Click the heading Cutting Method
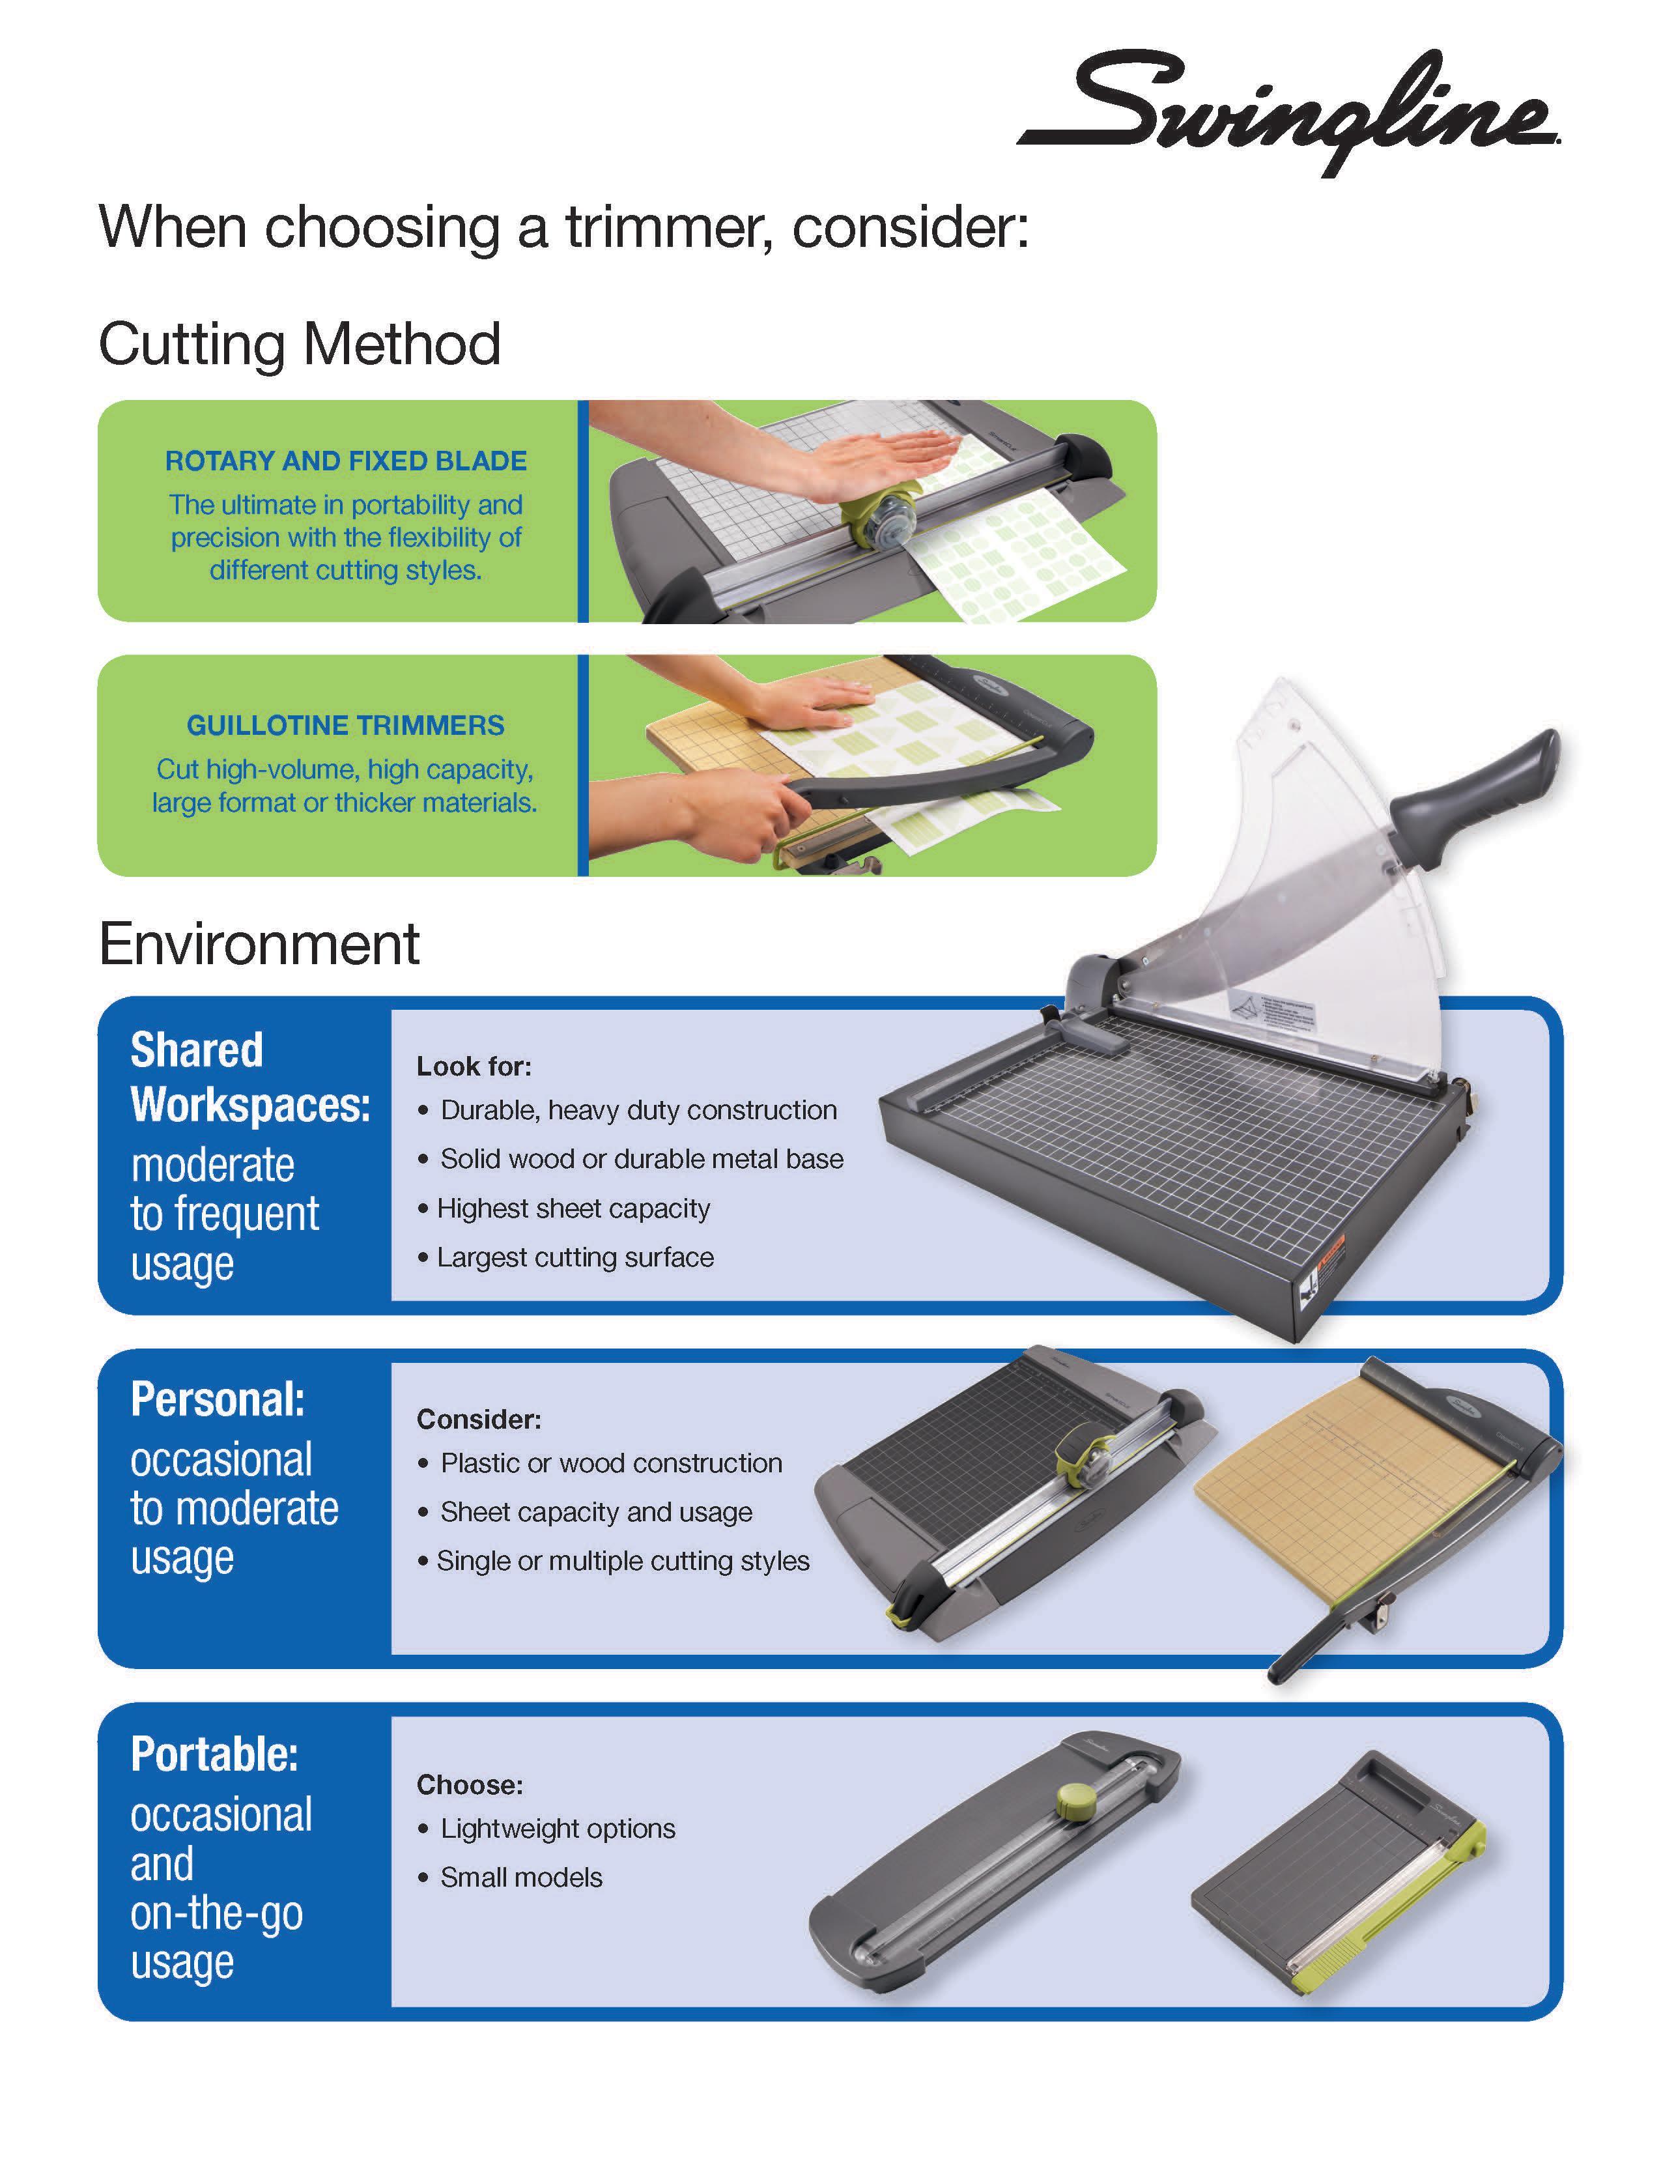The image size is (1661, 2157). pos(299,344)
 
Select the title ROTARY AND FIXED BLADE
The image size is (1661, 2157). pos(346,461)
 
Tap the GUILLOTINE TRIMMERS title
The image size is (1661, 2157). pos(346,726)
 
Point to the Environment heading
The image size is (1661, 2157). pos(259,944)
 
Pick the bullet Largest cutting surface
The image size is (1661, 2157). pos(575,1258)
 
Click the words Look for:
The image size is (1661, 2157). pos(474,1066)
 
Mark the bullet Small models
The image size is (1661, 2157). pos(520,1878)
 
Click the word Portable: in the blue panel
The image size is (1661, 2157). pos(214,1755)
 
